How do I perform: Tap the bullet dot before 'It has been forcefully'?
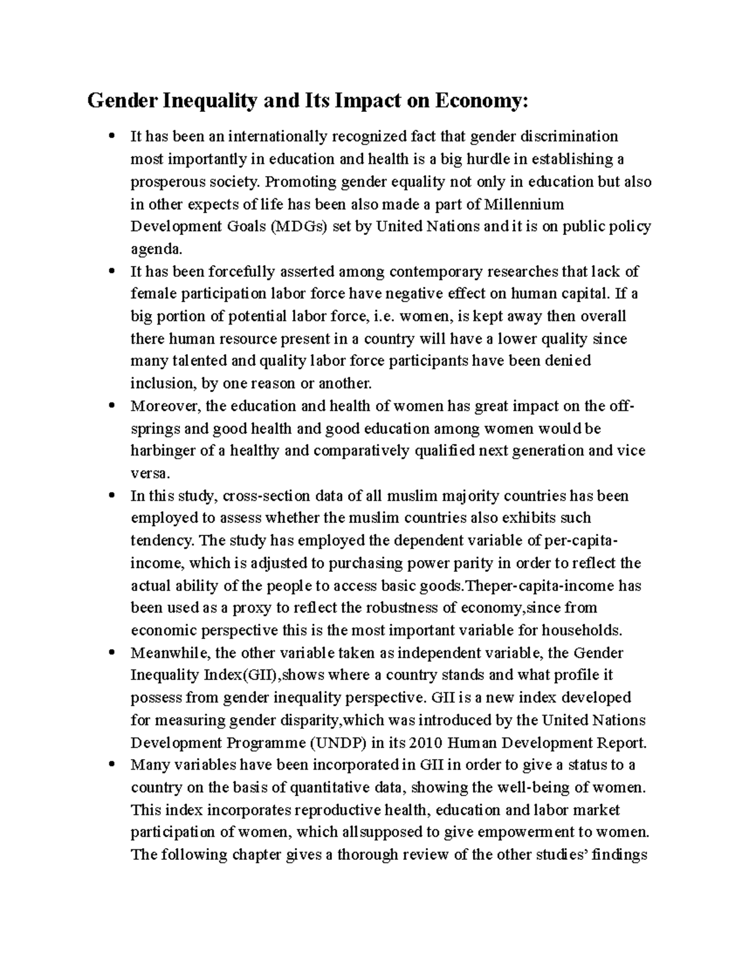pos(111,271)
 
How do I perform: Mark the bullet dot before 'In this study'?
pos(111,496)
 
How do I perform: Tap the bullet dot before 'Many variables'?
pos(111,765)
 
